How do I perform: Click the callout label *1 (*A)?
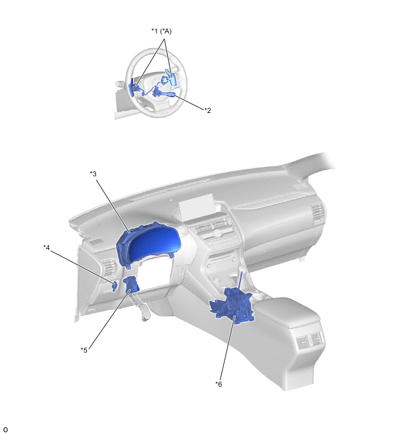pos(161,31)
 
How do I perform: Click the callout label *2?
pos(208,111)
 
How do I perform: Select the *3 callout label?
pos(93,173)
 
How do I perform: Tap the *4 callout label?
pos(47,247)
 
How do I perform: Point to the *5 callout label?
pos(84,350)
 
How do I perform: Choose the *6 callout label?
pos(219,384)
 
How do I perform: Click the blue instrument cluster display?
pos(150,244)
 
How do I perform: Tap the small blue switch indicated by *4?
pos(114,286)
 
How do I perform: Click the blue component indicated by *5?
pos(132,285)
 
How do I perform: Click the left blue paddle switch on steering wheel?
pos(132,86)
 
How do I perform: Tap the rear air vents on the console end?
pos(309,339)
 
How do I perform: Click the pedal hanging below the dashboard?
pos(144,311)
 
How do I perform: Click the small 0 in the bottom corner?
pos(5,430)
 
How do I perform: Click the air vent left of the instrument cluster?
pos(110,268)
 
